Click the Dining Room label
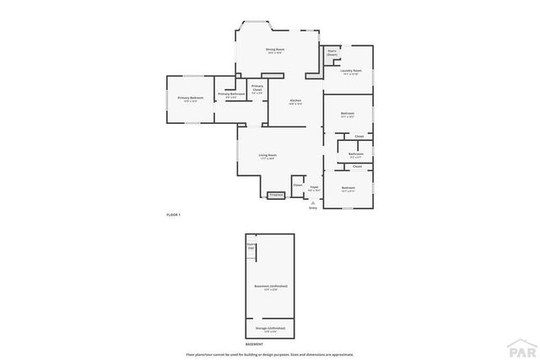[274, 51]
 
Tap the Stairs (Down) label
[332, 52]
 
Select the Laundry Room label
[351, 73]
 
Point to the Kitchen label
[296, 102]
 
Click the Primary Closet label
[256, 89]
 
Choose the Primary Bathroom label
[230, 95]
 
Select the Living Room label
[268, 157]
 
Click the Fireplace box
[276, 196]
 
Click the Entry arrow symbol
[312, 202]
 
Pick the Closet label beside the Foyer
[298, 185]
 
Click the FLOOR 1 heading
[173, 216]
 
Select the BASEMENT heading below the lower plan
[254, 345]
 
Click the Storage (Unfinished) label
[270, 329]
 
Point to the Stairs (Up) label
[251, 246]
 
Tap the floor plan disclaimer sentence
[269, 353]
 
